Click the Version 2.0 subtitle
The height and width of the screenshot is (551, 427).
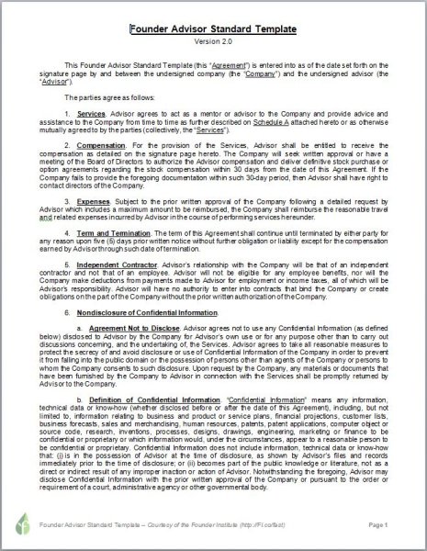tap(213, 42)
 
